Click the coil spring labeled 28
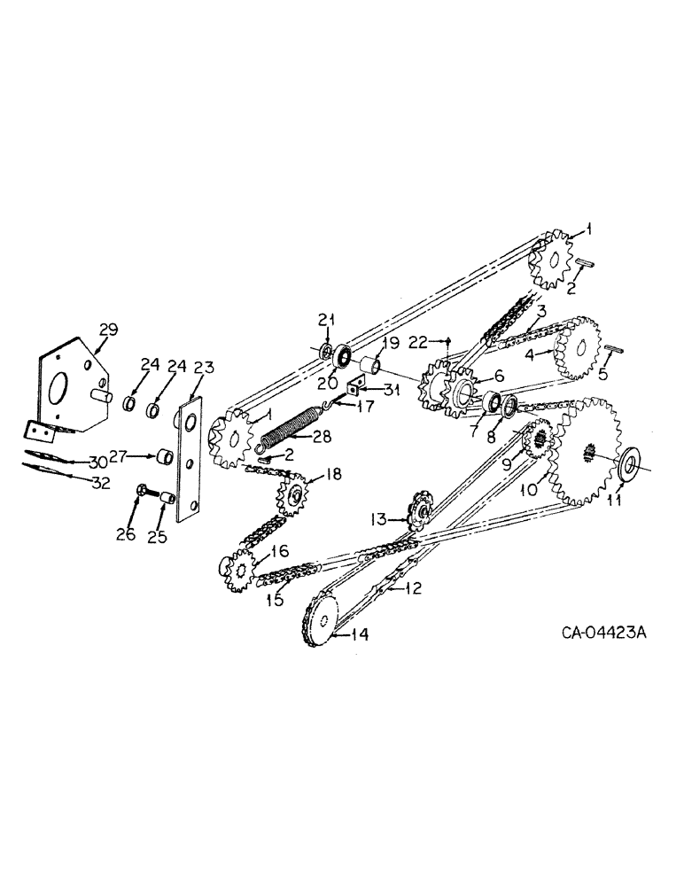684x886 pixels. click(x=285, y=428)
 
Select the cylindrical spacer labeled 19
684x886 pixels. click(x=370, y=365)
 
